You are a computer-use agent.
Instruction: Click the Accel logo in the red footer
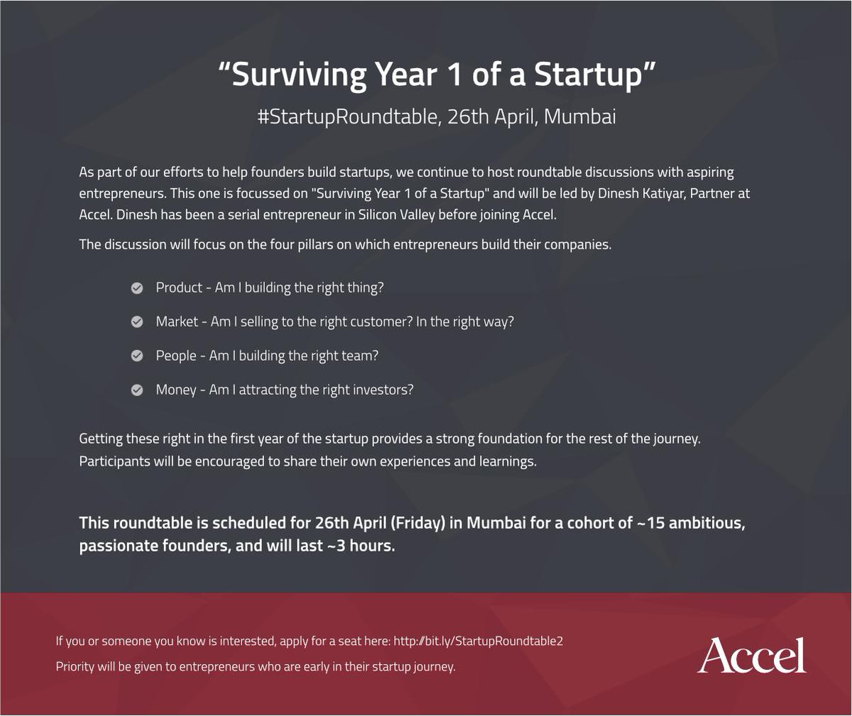752,655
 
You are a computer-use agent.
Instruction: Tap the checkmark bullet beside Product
137,288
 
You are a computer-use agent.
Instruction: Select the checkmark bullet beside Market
137,322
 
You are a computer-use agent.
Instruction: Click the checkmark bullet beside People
137,356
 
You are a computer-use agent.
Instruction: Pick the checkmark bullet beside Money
137,390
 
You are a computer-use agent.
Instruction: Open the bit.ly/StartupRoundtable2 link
478,641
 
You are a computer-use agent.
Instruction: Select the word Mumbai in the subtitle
580,116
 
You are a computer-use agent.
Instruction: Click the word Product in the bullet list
179,288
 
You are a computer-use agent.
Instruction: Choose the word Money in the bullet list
176,390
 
